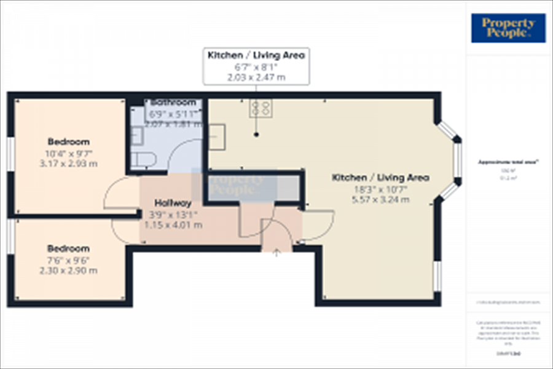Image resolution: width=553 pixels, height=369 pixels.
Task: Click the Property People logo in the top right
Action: [508, 28]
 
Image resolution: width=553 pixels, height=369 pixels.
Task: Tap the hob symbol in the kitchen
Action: [260, 108]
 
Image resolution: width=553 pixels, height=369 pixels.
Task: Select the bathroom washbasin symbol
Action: [136, 136]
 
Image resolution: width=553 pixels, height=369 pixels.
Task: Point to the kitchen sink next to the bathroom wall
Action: [218, 135]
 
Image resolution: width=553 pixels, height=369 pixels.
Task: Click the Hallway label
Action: [173, 202]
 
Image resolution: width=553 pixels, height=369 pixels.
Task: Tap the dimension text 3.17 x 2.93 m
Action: [68, 164]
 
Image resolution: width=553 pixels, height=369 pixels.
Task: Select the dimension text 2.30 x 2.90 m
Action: [68, 271]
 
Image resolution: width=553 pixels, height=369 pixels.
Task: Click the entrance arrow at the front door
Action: [276, 252]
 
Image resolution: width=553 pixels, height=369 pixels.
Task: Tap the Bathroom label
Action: [174, 102]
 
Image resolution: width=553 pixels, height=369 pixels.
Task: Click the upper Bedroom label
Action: [68, 141]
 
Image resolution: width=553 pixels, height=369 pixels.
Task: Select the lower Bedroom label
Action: [68, 248]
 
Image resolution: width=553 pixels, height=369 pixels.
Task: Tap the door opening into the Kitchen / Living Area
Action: [318, 224]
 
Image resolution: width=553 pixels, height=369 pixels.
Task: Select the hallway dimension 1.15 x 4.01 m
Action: [173, 224]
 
